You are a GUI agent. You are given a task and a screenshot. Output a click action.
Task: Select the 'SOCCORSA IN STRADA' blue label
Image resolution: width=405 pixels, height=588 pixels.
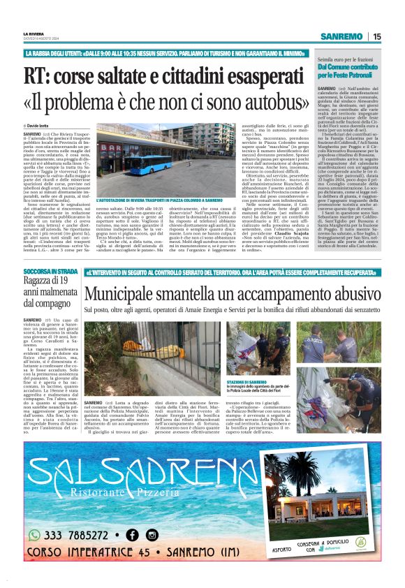click(x=50, y=270)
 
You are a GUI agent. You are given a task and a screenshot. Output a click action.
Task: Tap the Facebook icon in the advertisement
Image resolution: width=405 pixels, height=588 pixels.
click(x=131, y=535)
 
